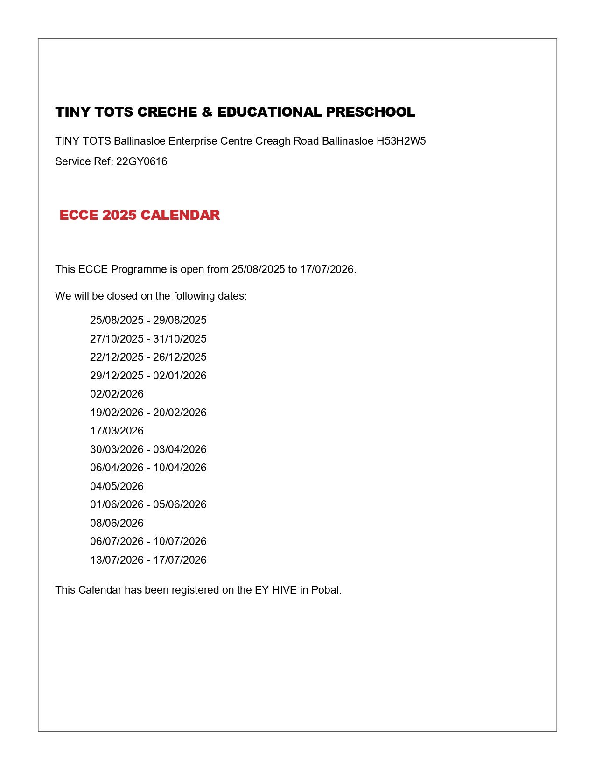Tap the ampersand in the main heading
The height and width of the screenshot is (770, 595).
207,112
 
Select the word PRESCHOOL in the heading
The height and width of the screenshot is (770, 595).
371,112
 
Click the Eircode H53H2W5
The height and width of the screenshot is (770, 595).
401,141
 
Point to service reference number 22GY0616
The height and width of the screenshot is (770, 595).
141,161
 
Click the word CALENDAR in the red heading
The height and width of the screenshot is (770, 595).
180,215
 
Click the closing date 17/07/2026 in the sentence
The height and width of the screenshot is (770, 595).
327,269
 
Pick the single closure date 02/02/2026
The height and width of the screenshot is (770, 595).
117,394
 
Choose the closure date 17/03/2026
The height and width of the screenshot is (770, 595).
117,431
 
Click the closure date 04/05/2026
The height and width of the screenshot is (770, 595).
117,486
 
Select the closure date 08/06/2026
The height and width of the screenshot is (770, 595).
117,523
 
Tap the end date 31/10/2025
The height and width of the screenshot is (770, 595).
180,339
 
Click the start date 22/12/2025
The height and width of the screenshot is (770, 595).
117,357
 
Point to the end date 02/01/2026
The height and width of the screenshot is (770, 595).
180,376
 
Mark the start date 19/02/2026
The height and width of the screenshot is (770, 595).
117,413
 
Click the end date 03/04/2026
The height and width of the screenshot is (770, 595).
180,449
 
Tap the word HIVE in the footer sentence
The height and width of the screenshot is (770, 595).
284,590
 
